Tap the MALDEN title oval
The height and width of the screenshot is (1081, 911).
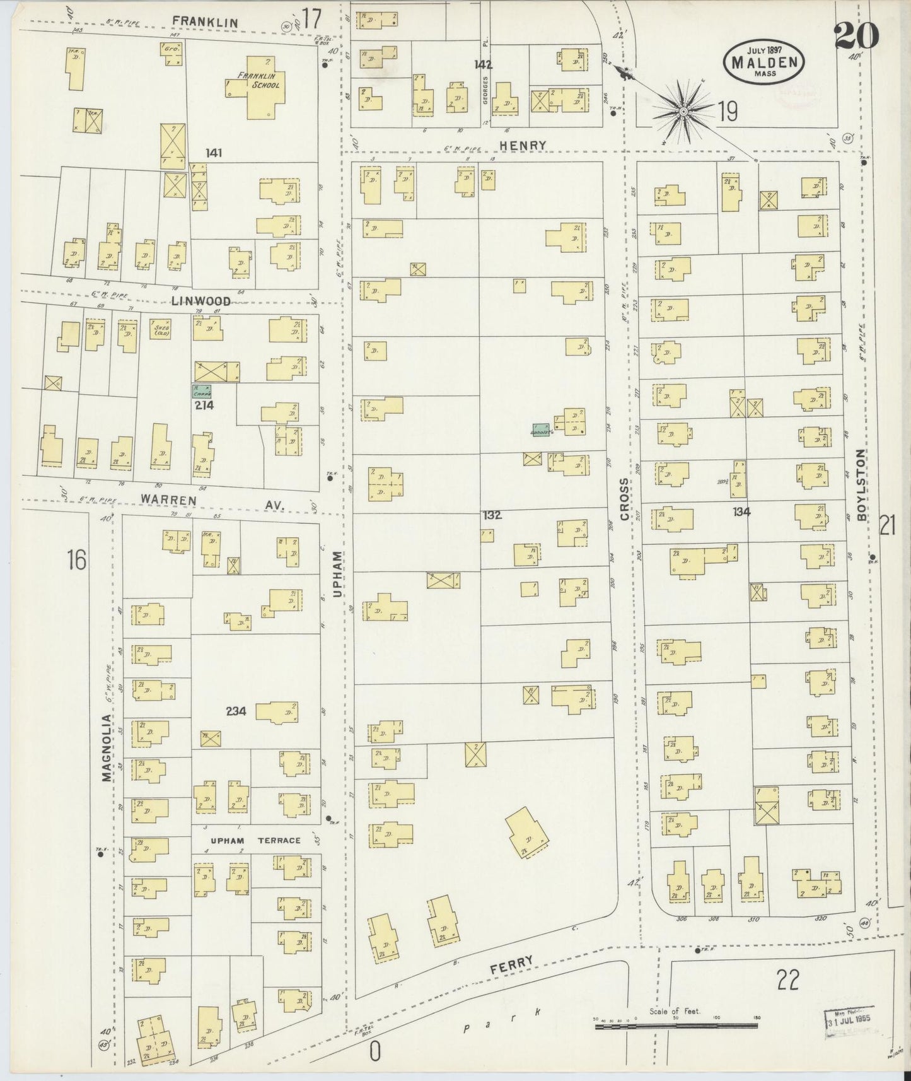pos(764,61)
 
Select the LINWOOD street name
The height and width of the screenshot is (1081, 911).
pos(200,301)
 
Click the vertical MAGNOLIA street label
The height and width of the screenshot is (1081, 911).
pos(107,748)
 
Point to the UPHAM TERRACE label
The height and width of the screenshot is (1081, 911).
pos(255,840)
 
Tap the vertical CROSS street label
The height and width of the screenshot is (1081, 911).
pos(624,499)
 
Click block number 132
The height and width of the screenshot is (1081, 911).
pos(492,515)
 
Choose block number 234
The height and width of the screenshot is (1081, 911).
pos(236,711)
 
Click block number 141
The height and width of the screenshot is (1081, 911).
pos(214,153)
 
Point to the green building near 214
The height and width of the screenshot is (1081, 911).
pos(202,392)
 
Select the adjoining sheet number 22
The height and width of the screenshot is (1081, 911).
pos(788,979)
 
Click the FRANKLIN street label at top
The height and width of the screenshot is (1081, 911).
pos(206,23)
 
